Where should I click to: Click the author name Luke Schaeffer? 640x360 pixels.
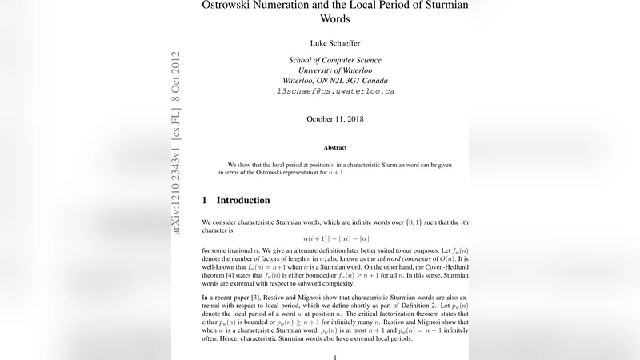pos(336,42)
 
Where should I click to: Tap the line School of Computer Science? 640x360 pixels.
pos(336,61)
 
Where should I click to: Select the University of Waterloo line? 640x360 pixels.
pos(336,71)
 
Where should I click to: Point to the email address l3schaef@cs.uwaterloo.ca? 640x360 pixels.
pos(336,91)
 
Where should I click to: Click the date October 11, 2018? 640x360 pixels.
pos(336,119)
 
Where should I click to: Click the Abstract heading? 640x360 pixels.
pos(335,147)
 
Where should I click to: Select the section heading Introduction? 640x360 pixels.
pos(243,200)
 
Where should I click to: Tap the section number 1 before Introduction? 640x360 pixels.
pos(205,200)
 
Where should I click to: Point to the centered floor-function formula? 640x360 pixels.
pos(335,238)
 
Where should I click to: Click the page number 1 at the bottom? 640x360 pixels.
pos(335,357)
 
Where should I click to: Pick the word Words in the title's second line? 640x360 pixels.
pos(335,19)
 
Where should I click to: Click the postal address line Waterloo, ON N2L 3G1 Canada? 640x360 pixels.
pos(336,81)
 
